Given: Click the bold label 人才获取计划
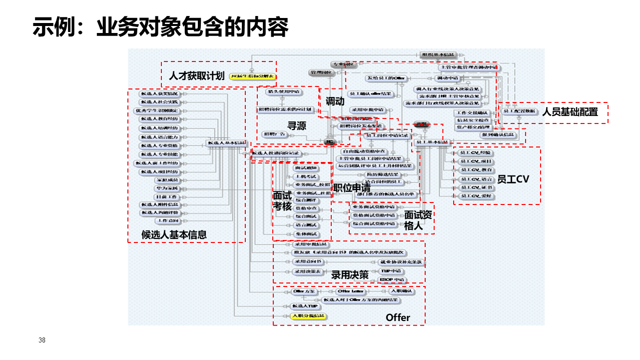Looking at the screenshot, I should pos(196,76).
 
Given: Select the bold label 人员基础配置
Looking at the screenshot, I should pos(570,112).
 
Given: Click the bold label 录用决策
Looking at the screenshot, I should pos(350,275).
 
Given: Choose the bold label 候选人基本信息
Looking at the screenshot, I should pos(174,234).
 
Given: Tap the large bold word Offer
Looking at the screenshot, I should pos(398,317).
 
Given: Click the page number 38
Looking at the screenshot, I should pos(42,340).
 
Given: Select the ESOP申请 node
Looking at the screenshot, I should pos(392,279).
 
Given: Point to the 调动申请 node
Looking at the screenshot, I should pos(448,78).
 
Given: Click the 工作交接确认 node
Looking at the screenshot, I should pos(472,113).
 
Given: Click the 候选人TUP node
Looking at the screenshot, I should pos(304,306).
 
